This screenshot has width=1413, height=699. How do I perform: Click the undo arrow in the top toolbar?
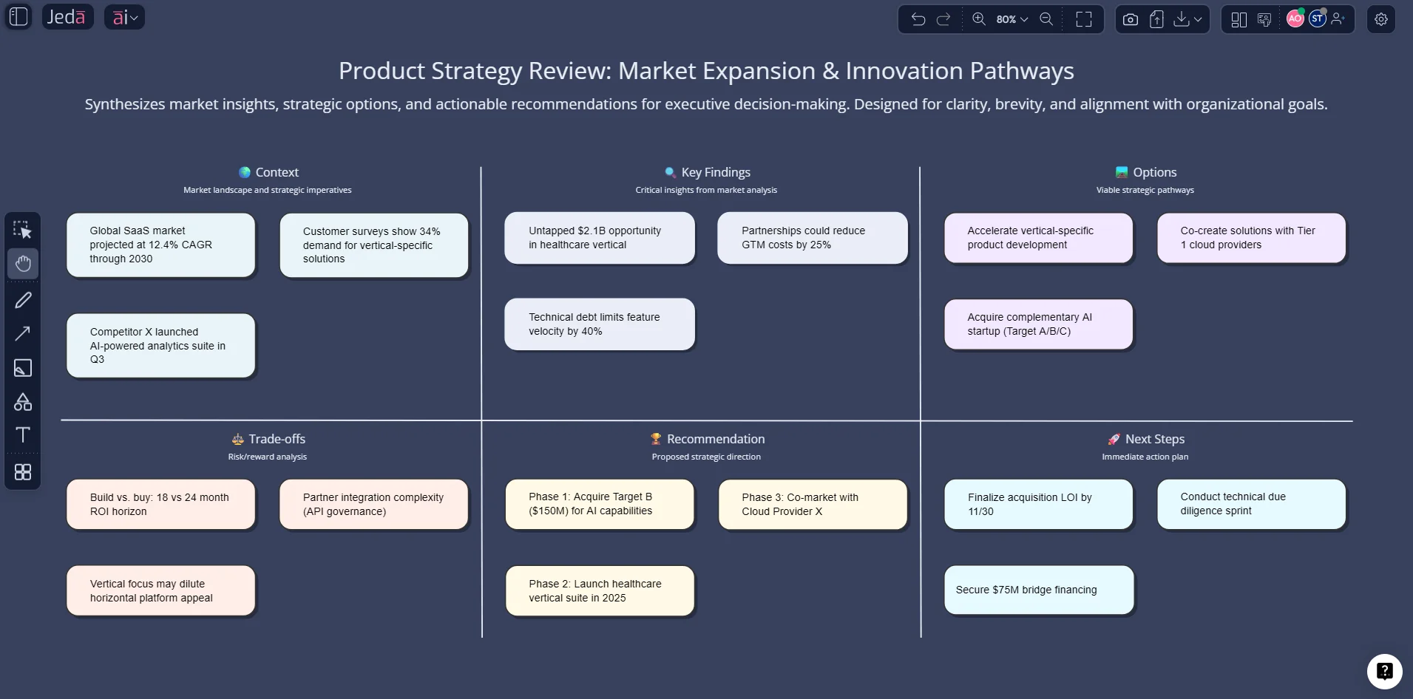(x=918, y=19)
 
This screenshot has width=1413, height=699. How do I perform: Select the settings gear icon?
(x=1380, y=19)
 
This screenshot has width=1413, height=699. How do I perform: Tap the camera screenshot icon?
(x=1130, y=19)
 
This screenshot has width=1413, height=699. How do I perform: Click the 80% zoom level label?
(x=1006, y=19)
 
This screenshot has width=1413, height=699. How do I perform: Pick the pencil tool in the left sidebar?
(x=23, y=300)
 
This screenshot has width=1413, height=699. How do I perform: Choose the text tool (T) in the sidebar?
(x=23, y=434)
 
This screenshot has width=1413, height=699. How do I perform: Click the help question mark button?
(x=1384, y=671)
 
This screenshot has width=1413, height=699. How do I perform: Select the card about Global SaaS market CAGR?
(x=160, y=245)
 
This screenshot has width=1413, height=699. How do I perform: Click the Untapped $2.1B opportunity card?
(x=599, y=238)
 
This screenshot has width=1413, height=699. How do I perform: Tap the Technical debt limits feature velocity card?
(x=599, y=324)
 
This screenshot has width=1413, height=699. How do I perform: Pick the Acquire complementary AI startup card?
(x=1038, y=324)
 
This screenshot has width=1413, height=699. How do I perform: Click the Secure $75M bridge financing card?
(x=1038, y=590)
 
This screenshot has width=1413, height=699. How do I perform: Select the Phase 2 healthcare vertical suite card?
(x=599, y=590)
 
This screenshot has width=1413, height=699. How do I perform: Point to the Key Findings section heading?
(x=715, y=172)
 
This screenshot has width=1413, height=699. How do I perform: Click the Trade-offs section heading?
(x=277, y=439)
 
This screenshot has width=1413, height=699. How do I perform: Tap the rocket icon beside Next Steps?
(x=1114, y=439)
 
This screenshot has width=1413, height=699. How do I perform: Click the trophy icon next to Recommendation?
(x=655, y=439)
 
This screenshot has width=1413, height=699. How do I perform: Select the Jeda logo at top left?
(x=67, y=17)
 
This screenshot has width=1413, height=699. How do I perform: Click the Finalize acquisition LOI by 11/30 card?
(x=1038, y=504)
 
